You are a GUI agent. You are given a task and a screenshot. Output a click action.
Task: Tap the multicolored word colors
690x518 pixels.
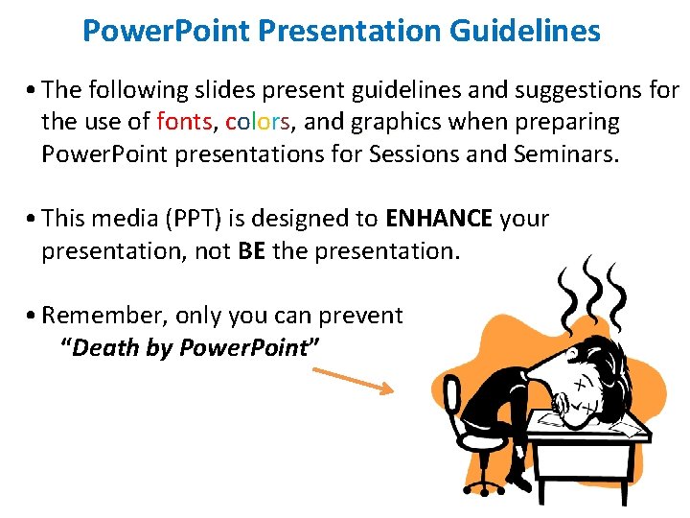pos(263,123)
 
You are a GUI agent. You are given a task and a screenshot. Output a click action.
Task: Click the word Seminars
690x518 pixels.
pos(561,154)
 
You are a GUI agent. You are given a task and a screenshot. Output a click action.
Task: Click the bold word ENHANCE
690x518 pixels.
pos(439,219)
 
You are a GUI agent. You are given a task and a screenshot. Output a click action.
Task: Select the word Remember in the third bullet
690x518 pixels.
pos(92,316)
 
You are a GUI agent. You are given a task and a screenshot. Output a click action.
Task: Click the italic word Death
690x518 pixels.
pos(99,347)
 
